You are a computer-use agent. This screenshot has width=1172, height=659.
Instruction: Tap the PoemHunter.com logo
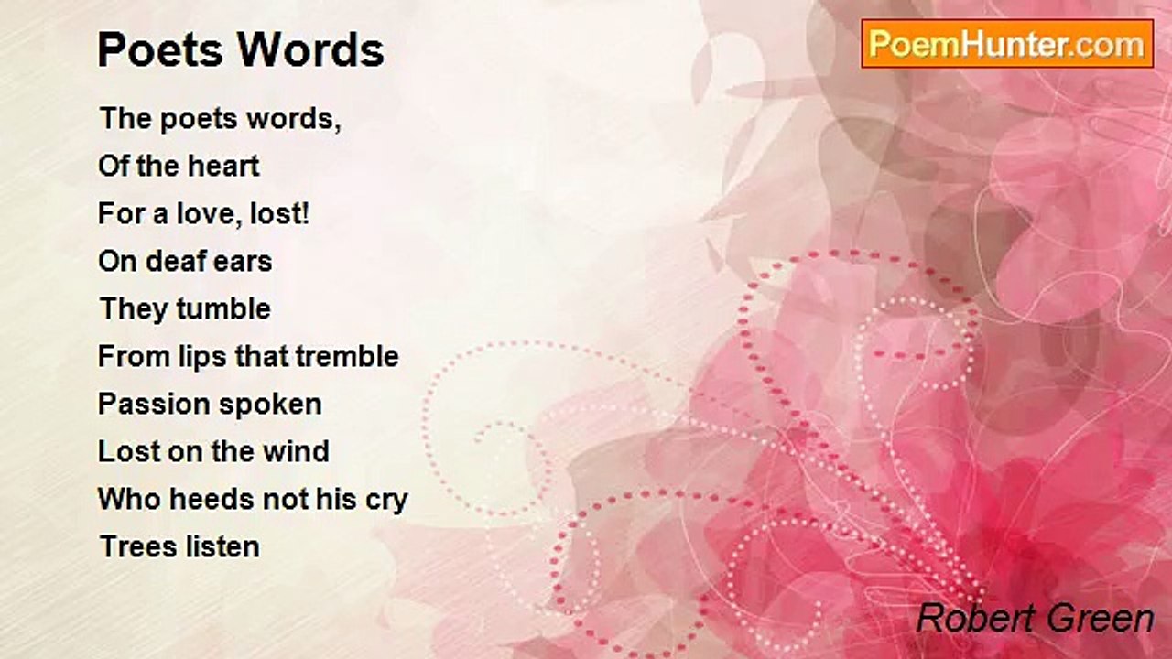(1007, 44)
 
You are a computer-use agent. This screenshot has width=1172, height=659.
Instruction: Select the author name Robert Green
(1035, 619)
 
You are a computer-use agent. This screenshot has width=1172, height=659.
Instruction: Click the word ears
(242, 262)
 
